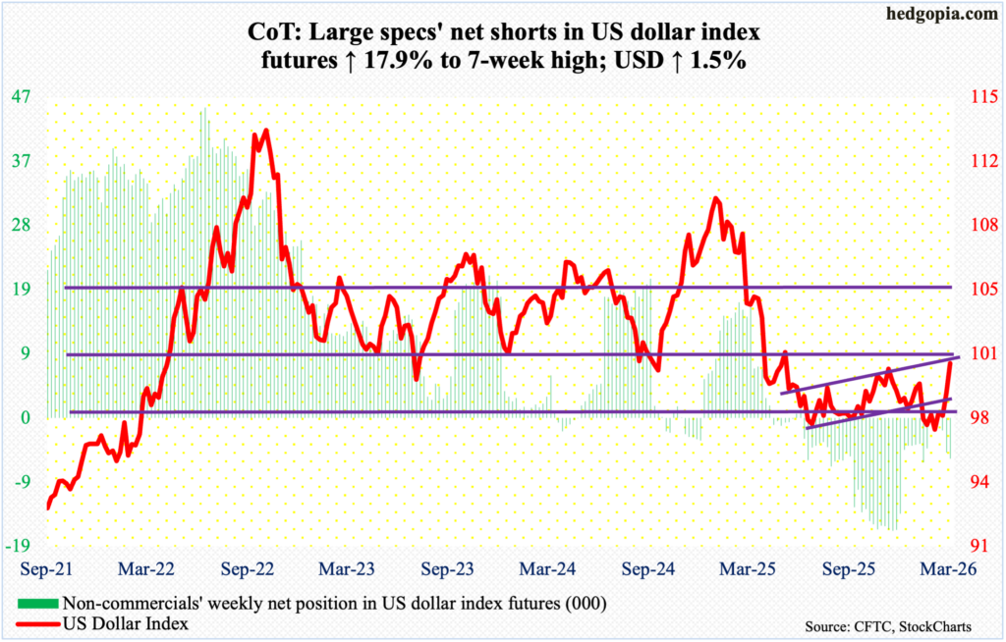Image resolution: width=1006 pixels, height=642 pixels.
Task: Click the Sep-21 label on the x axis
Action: [43, 568]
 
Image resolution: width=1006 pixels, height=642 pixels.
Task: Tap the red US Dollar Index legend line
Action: [36, 622]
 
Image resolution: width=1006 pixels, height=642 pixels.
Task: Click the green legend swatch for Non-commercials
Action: [36, 602]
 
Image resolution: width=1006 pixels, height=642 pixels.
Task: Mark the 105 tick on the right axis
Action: [974, 289]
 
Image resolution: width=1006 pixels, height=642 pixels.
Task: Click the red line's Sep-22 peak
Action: [263, 131]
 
